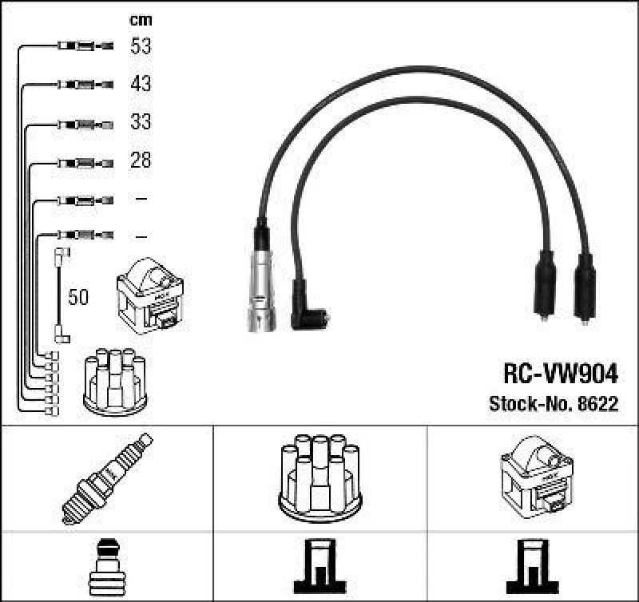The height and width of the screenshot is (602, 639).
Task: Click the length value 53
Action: click(141, 46)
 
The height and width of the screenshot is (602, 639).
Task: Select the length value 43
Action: click(141, 84)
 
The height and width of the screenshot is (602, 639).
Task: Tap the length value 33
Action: click(141, 123)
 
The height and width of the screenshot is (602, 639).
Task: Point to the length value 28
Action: click(141, 160)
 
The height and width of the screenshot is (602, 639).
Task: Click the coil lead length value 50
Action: click(78, 298)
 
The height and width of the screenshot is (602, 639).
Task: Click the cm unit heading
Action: click(141, 20)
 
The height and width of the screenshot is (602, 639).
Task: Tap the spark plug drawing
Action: click(108, 478)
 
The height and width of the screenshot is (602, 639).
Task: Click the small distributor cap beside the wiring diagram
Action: click(116, 382)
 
